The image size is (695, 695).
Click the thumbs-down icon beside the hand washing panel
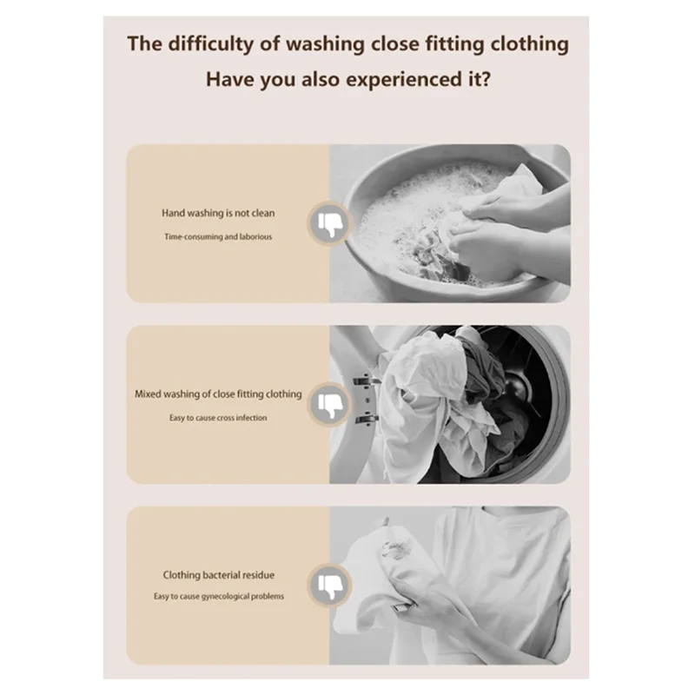coord(329,223)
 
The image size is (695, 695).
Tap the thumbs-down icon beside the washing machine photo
coord(329,404)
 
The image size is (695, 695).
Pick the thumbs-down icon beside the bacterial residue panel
coord(329,585)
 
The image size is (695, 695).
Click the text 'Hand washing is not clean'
coord(218,213)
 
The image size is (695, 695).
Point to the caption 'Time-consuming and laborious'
coord(218,236)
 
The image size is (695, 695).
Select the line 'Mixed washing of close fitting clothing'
coord(218,394)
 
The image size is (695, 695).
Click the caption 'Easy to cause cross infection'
coord(218,418)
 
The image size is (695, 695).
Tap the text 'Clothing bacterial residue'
coord(219,574)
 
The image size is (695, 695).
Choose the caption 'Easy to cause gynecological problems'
coord(219,597)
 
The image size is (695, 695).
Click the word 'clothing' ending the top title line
coord(526,43)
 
